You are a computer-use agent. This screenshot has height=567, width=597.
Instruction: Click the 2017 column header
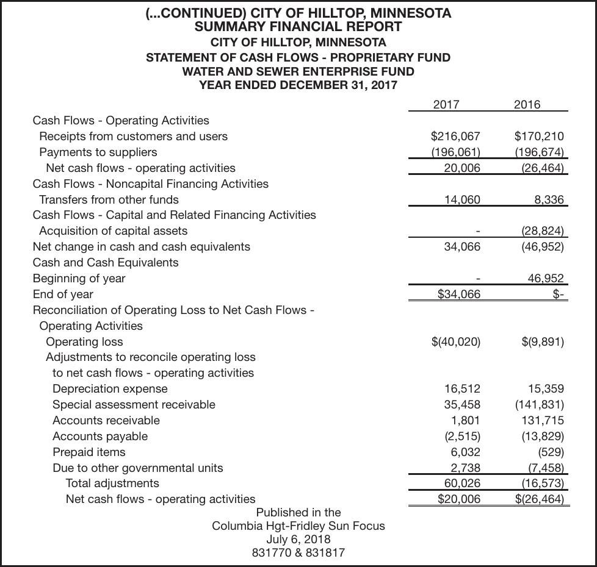click(x=446, y=104)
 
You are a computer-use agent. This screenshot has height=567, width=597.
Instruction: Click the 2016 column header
click(x=527, y=104)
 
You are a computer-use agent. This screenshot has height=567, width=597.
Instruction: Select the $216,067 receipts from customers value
click(x=455, y=136)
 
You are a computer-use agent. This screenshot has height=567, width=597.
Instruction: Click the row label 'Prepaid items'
click(x=89, y=452)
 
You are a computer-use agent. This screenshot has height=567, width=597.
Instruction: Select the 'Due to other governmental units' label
click(x=137, y=468)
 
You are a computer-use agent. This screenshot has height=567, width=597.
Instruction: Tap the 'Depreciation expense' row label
click(x=110, y=388)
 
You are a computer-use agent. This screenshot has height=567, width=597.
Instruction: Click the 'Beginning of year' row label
click(x=79, y=278)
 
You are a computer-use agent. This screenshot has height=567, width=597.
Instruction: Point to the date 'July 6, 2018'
click(x=298, y=539)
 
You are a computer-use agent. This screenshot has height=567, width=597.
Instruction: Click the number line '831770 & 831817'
click(x=298, y=552)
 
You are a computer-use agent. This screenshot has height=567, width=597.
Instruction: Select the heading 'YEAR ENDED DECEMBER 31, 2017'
click(x=298, y=85)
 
